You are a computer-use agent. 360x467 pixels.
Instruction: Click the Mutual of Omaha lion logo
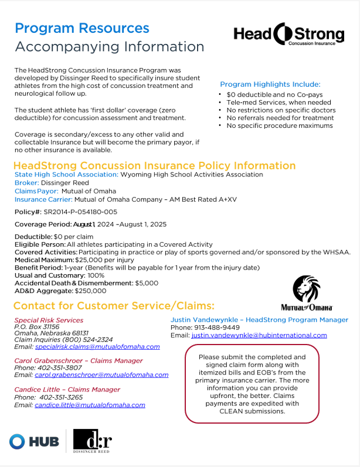point(306,293)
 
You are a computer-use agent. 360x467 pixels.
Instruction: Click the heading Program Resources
point(82,28)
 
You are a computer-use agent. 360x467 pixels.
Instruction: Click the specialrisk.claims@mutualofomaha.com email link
point(97,346)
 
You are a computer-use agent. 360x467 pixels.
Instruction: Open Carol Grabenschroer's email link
point(101,374)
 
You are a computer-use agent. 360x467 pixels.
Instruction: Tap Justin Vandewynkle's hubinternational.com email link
point(259,335)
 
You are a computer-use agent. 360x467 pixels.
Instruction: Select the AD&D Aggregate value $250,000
point(90,290)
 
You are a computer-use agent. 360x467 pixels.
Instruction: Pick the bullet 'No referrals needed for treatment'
point(280,118)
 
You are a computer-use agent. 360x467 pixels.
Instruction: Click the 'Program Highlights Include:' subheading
point(270,84)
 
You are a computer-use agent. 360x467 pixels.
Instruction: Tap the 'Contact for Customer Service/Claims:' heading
point(114,306)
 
